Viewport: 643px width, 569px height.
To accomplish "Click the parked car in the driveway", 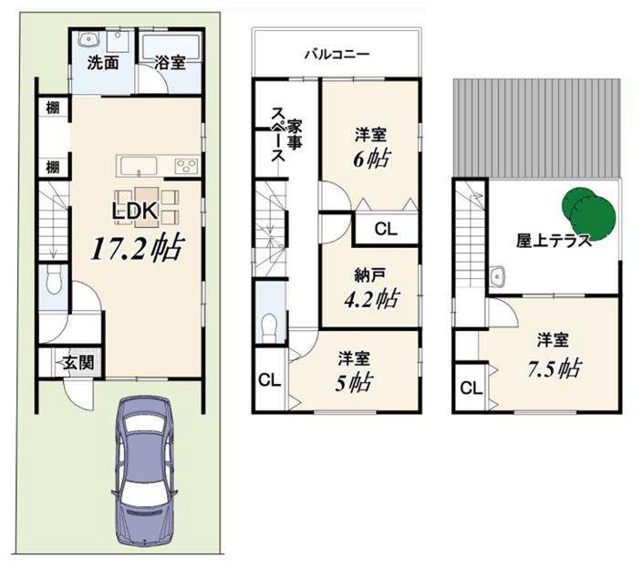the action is point(144,471).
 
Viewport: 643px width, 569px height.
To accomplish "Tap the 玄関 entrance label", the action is point(78,362).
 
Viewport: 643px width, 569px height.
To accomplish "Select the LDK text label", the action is point(134,211).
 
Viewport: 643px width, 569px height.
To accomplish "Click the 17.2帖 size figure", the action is point(136,247).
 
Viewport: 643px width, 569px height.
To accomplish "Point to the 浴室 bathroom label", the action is point(170,62).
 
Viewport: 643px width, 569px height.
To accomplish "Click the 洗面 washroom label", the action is point(103,62).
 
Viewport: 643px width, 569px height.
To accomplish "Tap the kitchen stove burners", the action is point(187,166).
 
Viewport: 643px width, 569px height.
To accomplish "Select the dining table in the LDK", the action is point(147,207).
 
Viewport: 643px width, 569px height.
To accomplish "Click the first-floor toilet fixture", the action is point(54,280).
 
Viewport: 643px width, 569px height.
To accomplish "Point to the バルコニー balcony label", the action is point(337,54).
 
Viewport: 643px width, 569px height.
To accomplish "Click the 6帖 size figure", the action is point(371,159).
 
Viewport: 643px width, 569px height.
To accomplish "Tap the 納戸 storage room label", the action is point(370,275).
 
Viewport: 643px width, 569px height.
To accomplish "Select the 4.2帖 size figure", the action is point(371,298).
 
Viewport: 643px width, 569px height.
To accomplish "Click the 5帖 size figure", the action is point(354,382).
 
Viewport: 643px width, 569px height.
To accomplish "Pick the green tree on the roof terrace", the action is point(588,213).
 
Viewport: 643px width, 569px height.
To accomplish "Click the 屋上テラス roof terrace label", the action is point(554,241).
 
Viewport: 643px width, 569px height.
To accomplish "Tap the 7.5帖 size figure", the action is point(555,368).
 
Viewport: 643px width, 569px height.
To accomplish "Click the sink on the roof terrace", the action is point(497,275).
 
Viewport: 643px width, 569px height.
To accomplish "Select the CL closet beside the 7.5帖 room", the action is point(472,388).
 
